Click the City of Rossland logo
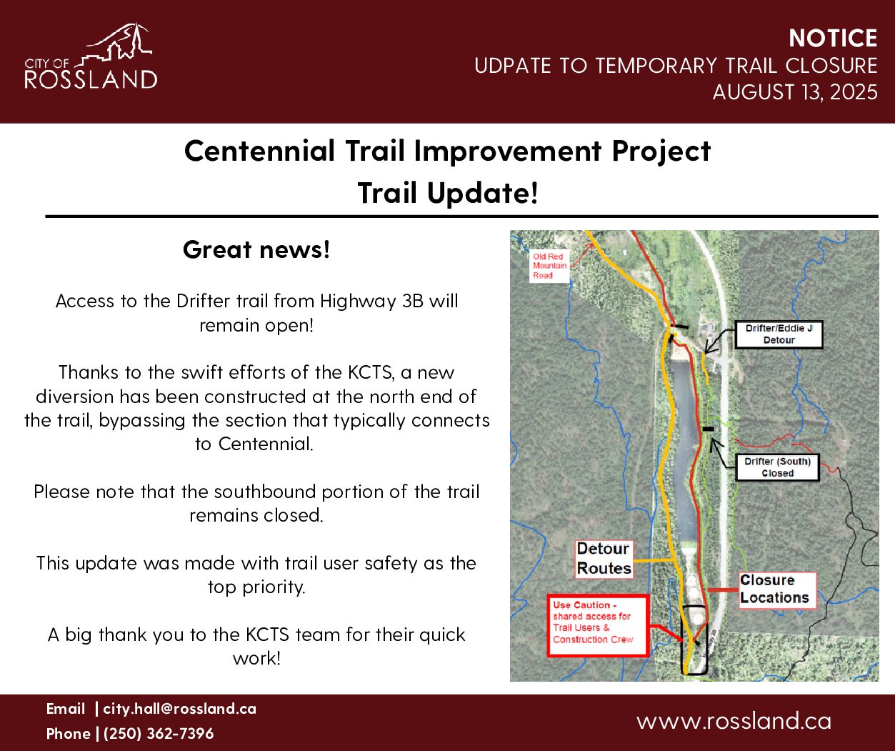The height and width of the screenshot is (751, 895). point(91,56)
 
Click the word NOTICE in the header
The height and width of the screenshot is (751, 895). point(833,38)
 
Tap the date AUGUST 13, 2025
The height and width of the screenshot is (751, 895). point(795,92)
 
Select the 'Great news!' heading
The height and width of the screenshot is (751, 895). point(256,249)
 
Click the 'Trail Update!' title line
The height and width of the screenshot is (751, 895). point(447,193)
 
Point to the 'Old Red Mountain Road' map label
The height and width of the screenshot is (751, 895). point(549,266)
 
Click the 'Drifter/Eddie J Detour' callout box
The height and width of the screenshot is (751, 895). point(779,334)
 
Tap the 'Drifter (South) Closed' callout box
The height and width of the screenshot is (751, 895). point(778,467)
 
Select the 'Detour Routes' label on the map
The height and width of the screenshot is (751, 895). point(604,558)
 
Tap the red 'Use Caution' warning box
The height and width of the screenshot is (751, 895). point(598,625)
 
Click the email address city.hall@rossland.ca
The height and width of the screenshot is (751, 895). point(179,709)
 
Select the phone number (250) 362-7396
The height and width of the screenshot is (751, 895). point(159,734)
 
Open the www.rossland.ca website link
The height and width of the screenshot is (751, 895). point(734,721)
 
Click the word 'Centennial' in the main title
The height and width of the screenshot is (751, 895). point(259,151)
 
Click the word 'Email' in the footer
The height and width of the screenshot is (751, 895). point(66,709)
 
